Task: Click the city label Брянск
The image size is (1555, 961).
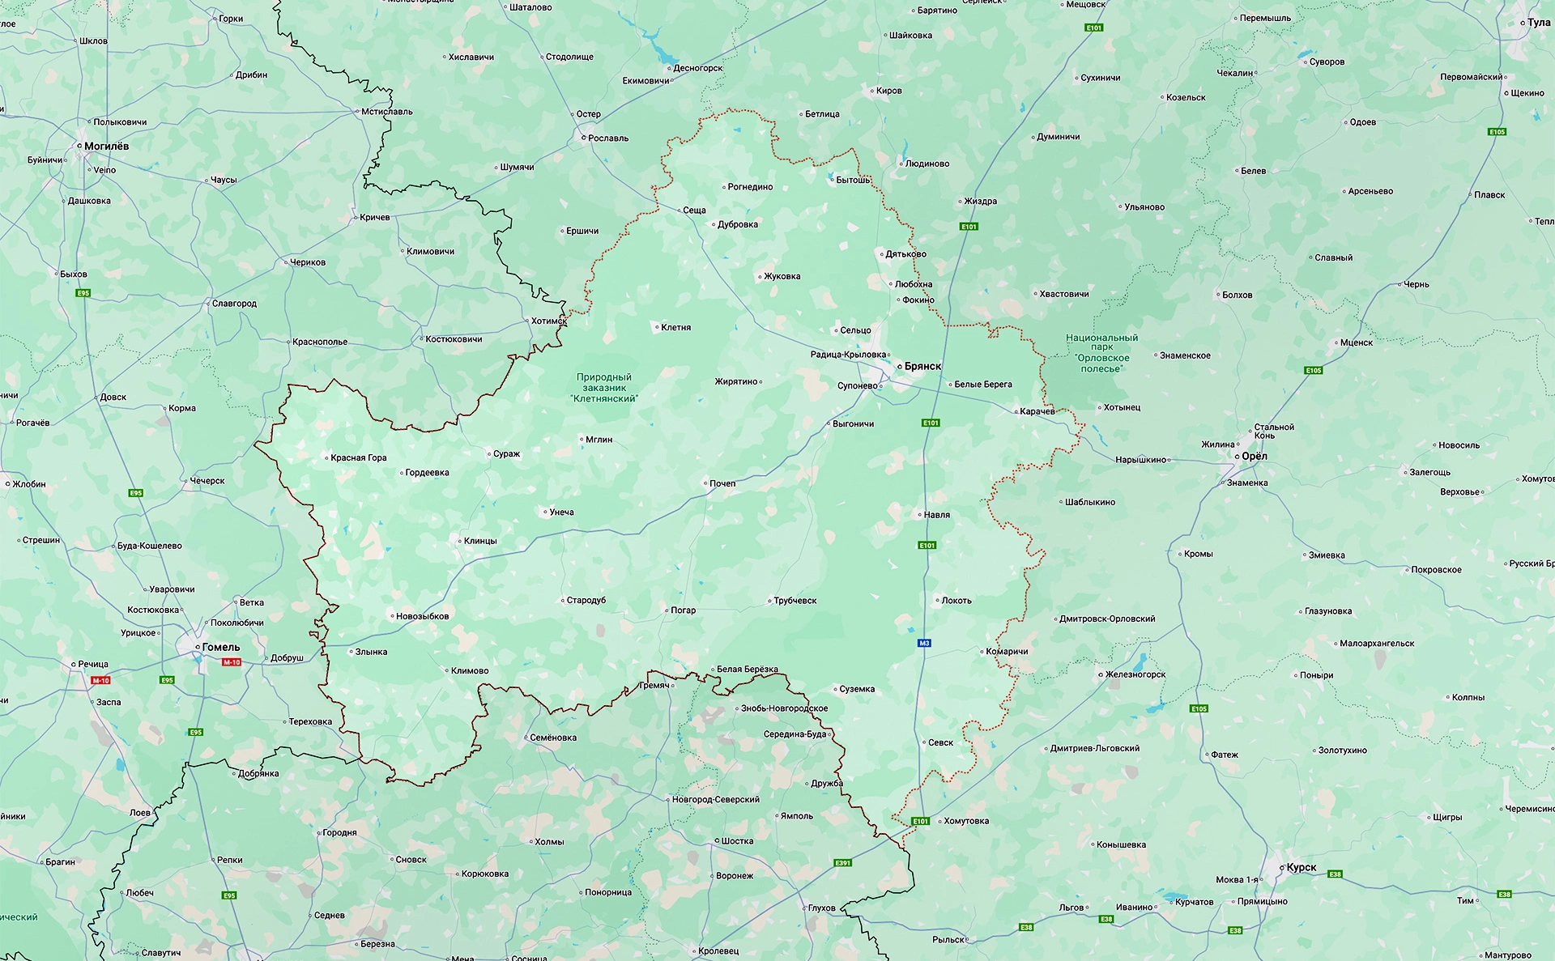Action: coord(922,366)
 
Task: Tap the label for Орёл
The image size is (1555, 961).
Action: coord(1254,456)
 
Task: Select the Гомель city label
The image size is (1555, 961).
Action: coord(220,647)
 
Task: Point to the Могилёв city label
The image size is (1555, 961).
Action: coord(106,146)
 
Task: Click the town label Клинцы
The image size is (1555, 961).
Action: coord(480,541)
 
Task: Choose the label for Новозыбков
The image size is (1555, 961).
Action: coord(422,616)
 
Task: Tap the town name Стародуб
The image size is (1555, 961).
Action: coord(586,600)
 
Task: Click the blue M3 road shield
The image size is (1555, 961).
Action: coord(924,643)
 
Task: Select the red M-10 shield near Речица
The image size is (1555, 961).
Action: coord(100,681)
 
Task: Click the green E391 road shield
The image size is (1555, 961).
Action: coord(843,863)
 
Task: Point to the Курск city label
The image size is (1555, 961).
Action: coord(1301,867)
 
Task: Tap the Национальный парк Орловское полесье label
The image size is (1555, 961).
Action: coord(1101,353)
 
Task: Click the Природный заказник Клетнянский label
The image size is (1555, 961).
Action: coord(603,388)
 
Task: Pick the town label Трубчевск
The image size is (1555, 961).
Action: coord(795,601)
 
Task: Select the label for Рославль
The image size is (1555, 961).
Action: coord(607,138)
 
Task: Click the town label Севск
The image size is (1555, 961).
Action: coord(940,742)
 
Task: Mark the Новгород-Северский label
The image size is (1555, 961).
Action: coord(715,799)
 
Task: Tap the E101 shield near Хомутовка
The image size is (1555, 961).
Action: coord(921,821)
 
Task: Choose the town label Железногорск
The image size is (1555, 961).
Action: coord(1135,674)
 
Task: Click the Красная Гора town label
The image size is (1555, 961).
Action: coord(358,457)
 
